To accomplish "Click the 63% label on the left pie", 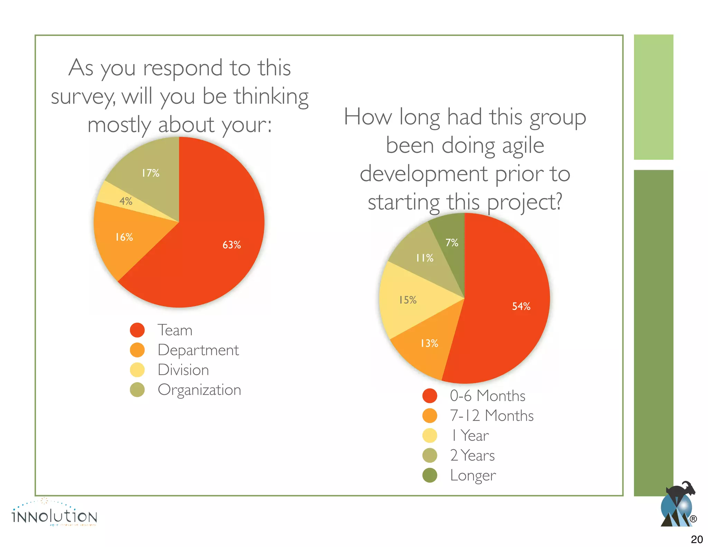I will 231,245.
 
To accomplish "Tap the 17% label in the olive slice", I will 150,173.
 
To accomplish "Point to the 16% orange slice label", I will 124,237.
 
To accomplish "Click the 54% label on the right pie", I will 521,306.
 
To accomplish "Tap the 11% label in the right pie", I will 425,258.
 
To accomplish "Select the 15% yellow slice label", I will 408,300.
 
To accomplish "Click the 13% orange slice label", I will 429,343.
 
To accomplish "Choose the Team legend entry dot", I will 137,330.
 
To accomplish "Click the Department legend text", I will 198,350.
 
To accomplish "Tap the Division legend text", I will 183,370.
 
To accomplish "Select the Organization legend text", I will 199,390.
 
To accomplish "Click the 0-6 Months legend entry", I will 487,396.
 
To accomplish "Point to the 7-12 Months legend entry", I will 491,416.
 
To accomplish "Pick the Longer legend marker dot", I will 430,475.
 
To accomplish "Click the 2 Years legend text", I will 472,455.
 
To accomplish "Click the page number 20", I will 697,539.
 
